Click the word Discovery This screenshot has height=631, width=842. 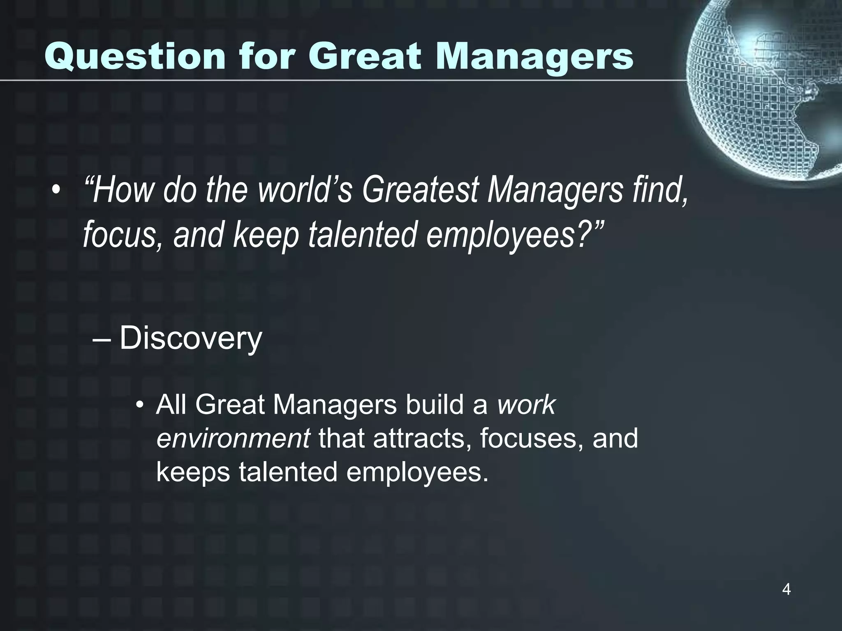[x=190, y=339]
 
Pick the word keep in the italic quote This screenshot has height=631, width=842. [x=266, y=235]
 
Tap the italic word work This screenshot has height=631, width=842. [x=526, y=405]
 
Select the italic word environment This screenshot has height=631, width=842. [x=233, y=439]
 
